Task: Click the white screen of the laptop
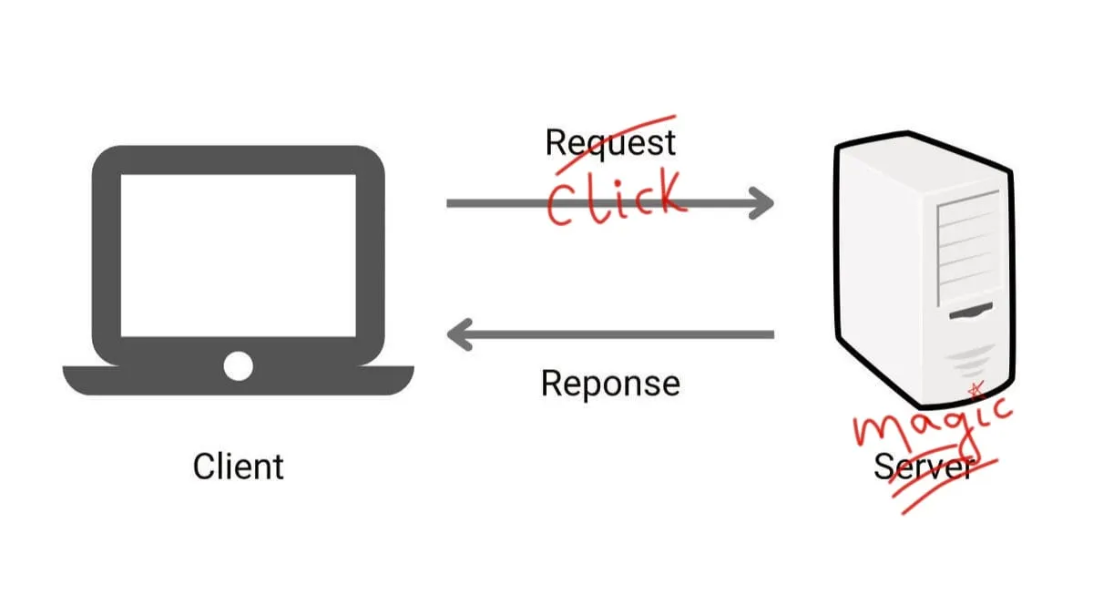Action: [238, 255]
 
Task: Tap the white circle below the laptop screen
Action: [238, 365]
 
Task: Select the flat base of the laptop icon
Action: [238, 381]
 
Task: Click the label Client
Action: [239, 467]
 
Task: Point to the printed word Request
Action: [610, 143]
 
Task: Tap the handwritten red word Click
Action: [614, 199]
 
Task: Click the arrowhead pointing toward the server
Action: [760, 203]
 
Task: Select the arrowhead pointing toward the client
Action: [461, 334]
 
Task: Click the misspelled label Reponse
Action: [610, 383]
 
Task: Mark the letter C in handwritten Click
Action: [562, 202]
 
